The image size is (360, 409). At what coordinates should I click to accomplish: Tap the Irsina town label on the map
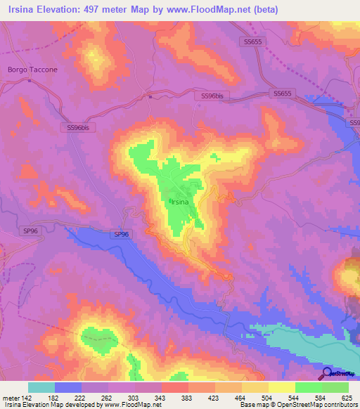click(180, 202)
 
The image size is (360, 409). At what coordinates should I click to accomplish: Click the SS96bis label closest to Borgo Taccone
click(78, 127)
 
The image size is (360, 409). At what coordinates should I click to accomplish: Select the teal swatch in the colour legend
click(41, 387)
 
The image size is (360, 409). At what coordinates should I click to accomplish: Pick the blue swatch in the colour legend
click(67, 387)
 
